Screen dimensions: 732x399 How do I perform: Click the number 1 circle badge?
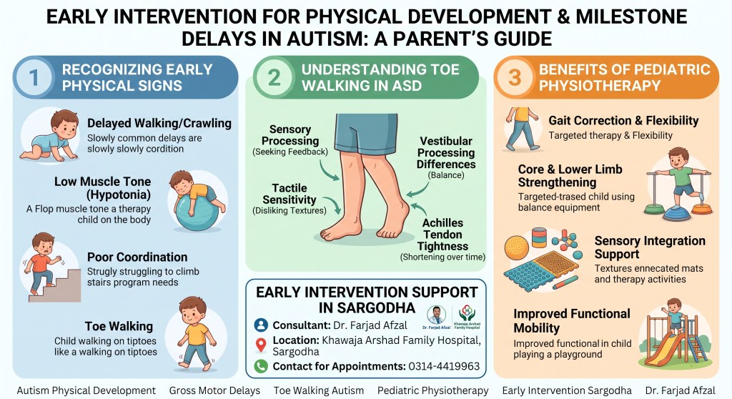coord(34,77)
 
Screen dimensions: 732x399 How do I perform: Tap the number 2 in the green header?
coord(274,77)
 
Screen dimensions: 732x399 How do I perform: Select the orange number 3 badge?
coord(515,77)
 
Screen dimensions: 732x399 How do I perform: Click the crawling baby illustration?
coord(49,136)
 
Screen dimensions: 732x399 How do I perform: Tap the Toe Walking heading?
coord(119,326)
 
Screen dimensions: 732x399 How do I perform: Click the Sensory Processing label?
coord(290,135)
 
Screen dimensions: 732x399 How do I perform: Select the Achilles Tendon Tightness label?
coord(442,235)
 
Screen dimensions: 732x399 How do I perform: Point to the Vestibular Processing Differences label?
coord(446,153)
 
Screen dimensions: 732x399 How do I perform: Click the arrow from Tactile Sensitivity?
coord(332,205)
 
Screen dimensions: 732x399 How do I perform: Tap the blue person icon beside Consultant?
coord(261,325)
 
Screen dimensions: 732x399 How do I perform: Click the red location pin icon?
coord(261,345)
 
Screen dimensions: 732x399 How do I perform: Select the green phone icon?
coord(261,366)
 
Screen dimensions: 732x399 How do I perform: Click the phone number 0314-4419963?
coord(444,366)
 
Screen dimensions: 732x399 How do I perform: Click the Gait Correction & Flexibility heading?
coord(623,121)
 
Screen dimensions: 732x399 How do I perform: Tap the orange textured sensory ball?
coord(517,247)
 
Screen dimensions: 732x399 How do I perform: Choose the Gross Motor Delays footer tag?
coord(214,390)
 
